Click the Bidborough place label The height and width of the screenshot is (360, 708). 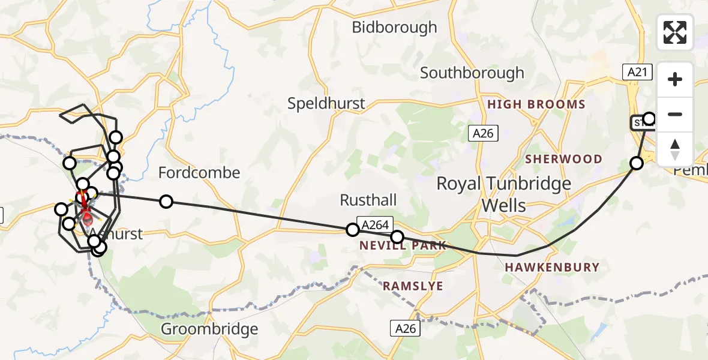[x=394, y=28]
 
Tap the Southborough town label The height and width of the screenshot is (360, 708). [x=472, y=73]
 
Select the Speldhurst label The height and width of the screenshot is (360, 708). [x=326, y=104]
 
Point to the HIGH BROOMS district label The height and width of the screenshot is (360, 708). [x=536, y=104]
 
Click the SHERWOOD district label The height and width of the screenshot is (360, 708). [x=563, y=159]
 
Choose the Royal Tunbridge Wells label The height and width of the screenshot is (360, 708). [x=503, y=194]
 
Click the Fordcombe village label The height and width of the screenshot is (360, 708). [x=199, y=173]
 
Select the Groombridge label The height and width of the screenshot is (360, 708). [x=210, y=329]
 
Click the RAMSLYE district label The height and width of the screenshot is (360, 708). [x=413, y=286]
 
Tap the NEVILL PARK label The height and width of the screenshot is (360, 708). [x=403, y=245]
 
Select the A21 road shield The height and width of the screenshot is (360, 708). [x=637, y=73]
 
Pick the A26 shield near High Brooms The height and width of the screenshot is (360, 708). [x=482, y=133]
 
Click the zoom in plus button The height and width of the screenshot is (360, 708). [x=675, y=79]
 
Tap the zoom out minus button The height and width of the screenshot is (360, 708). [x=675, y=114]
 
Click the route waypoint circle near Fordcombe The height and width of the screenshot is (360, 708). [x=166, y=202]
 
